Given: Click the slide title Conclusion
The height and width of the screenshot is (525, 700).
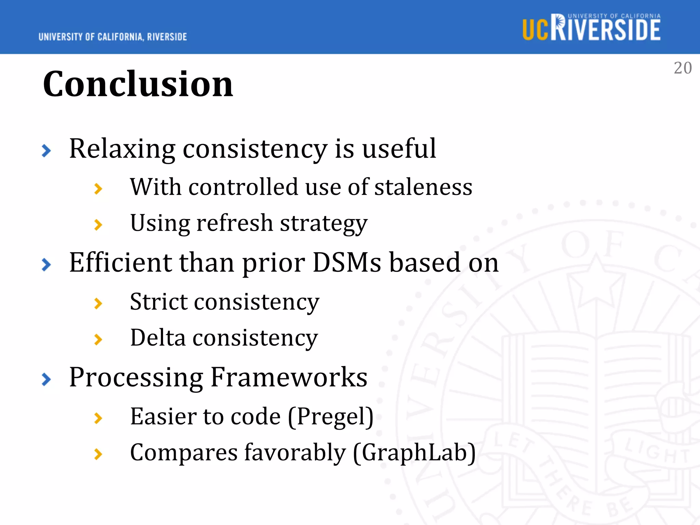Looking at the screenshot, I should point(138,84).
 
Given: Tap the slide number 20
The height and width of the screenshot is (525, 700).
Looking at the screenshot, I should point(683,68).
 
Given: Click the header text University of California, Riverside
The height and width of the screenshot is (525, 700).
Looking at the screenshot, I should point(113,37).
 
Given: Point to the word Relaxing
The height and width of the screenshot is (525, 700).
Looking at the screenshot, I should point(122,149).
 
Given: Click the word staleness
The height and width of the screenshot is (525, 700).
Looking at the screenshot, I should point(423,187).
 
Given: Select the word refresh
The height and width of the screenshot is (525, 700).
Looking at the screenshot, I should point(235,224).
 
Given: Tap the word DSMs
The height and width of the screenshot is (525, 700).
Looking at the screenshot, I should point(347,263).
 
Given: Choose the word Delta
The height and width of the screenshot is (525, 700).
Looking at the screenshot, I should point(158,338).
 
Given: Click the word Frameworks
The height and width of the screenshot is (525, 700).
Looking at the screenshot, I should point(289,377).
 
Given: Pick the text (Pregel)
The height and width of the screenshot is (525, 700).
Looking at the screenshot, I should point(331,417).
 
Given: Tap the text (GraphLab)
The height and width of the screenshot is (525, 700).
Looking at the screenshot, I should point(414,453).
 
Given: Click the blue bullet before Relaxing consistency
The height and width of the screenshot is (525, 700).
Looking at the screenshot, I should point(46,151).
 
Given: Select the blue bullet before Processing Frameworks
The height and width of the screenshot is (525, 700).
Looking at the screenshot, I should point(46,379).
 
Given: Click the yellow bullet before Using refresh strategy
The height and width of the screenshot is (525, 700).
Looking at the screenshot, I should point(98,225).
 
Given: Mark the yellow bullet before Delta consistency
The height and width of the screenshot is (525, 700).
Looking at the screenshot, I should point(98,339).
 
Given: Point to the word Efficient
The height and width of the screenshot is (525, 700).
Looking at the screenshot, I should point(120,263).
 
